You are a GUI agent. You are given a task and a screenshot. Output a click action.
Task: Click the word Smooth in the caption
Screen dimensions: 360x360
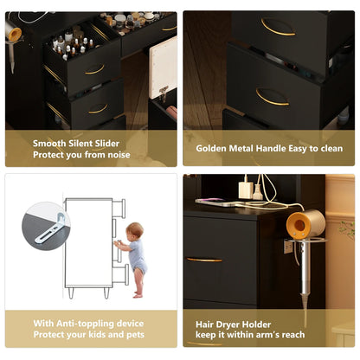click(49, 144)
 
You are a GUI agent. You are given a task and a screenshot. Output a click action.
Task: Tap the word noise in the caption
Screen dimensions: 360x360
click(119, 155)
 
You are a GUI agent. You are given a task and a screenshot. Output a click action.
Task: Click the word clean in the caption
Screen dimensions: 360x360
click(331, 149)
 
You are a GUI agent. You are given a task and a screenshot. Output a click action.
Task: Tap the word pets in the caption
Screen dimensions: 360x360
click(135, 335)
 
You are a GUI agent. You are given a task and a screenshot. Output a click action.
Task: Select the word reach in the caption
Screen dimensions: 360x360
click(293, 335)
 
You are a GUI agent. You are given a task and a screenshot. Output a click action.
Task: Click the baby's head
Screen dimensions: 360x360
click(135, 230)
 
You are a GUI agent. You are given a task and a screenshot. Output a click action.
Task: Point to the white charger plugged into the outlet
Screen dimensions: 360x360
click(246, 190)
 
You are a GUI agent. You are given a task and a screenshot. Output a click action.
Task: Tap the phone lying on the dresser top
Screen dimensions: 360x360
click(215, 202)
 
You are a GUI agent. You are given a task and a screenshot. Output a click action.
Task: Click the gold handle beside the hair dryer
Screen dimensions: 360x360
click(204, 260)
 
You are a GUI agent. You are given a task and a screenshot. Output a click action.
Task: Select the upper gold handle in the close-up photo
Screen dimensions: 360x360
click(278, 27)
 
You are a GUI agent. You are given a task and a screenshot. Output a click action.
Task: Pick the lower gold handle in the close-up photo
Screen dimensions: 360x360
click(272, 97)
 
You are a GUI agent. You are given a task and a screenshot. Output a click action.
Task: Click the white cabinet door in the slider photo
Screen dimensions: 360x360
click(163, 67)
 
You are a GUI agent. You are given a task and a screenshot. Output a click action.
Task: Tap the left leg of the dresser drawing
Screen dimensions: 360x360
click(71, 292)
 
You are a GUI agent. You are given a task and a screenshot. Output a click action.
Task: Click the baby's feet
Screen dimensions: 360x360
click(138, 294)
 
